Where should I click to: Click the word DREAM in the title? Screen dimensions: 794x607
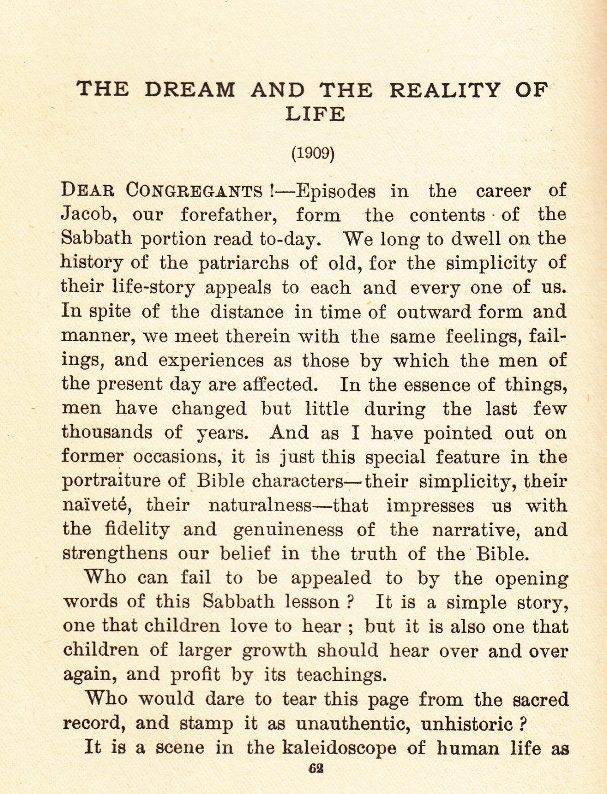point(189,90)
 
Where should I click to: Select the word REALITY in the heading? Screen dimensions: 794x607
point(445,90)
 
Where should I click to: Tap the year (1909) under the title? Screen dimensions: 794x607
point(313,153)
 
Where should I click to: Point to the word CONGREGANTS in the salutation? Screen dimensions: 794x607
point(194,191)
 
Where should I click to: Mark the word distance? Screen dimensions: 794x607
point(247,312)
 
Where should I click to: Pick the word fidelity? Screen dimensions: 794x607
point(137,529)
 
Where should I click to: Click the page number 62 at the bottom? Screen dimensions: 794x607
point(316,768)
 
